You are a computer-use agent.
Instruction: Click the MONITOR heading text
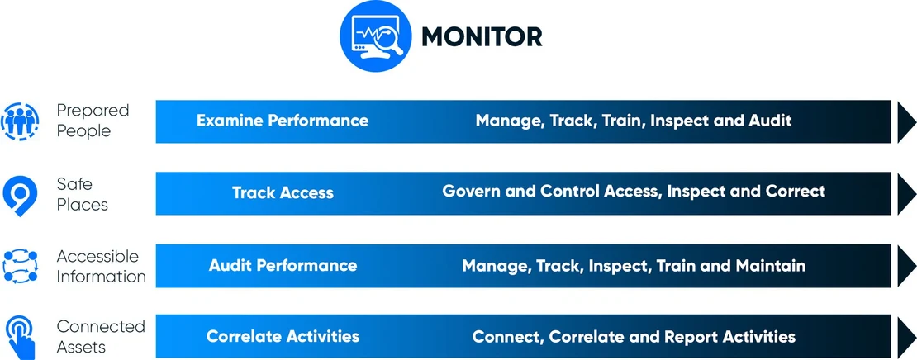[482, 36]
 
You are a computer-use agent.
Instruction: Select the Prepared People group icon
[20, 121]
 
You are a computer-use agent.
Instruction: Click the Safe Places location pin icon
[19, 192]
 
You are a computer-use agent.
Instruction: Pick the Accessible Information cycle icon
[20, 265]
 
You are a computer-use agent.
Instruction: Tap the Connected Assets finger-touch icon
[20, 334]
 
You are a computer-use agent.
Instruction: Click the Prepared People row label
[93, 121]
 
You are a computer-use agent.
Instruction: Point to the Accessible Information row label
[101, 265]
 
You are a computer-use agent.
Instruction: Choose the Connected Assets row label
[101, 336]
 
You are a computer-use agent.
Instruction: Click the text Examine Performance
[283, 121]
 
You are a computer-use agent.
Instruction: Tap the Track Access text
[283, 193]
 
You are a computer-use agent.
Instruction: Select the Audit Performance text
[283, 265]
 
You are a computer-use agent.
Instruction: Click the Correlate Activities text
[283, 337]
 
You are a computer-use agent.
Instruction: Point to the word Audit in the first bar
[770, 121]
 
